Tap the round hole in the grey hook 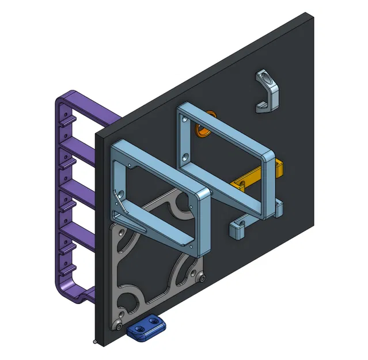264,77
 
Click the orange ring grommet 202,130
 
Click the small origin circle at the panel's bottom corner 95,342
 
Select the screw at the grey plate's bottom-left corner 119,326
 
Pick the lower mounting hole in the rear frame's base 185,156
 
